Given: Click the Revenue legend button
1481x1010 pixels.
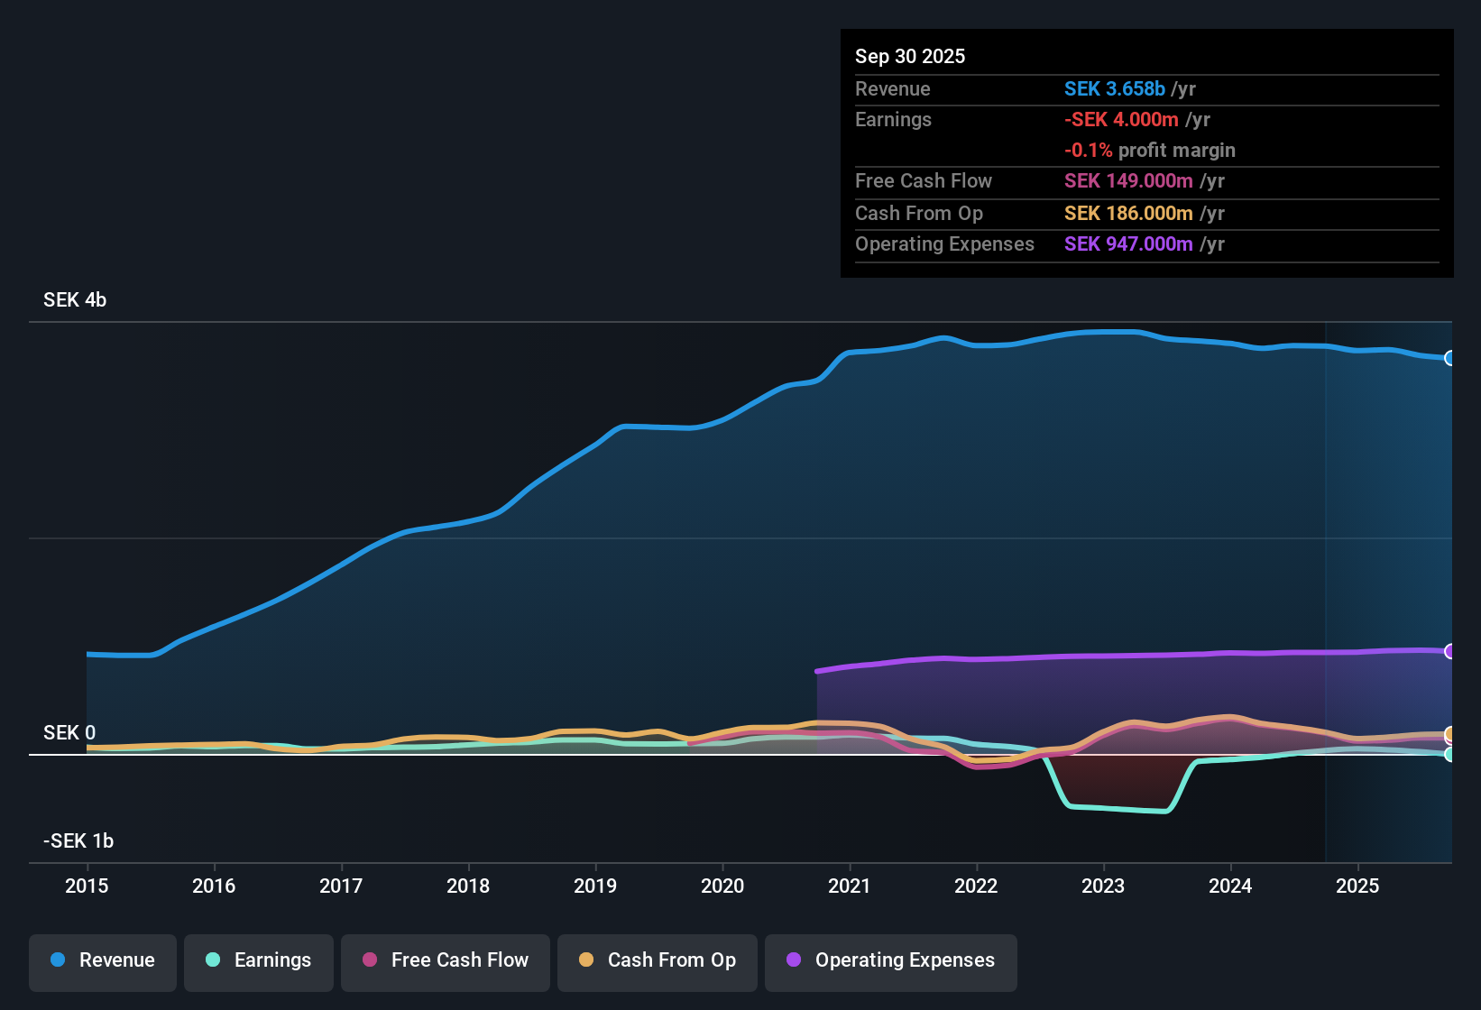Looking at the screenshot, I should pyautogui.click(x=103, y=960).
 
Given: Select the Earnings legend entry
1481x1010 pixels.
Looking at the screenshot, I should pyautogui.click(x=259, y=960).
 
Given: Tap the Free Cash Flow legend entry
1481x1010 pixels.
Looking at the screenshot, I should pyautogui.click(x=446, y=960).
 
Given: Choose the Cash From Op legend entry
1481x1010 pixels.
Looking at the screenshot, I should pyautogui.click(x=658, y=960).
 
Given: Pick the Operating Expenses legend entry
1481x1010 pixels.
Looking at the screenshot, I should pyautogui.click(x=891, y=960).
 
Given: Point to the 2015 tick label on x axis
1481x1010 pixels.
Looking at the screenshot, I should pyautogui.click(x=87, y=886).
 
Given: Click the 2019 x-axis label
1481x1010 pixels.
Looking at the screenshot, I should pyautogui.click(x=595, y=886).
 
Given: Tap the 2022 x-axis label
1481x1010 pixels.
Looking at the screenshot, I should pyautogui.click(x=976, y=886).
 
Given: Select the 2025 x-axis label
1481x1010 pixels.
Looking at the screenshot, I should pyautogui.click(x=1357, y=886).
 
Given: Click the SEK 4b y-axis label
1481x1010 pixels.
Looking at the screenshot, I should pyautogui.click(x=75, y=300).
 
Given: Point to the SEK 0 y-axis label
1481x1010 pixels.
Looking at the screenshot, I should pyautogui.click(x=69, y=732).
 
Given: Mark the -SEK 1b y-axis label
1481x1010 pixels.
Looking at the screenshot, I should pyautogui.click(x=78, y=841).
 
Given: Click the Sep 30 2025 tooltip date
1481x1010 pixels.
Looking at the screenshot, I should pyautogui.click(x=910, y=56).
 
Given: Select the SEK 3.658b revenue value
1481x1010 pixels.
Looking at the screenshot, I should pyautogui.click(x=1115, y=88).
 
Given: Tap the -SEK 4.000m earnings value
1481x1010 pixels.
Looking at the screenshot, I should pyautogui.click(x=1121, y=119).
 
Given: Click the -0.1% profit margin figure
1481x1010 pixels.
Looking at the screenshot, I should pyautogui.click(x=1089, y=150).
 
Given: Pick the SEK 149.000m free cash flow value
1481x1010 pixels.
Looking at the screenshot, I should pyautogui.click(x=1128, y=180).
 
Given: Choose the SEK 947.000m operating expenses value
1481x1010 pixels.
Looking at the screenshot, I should pyautogui.click(x=1128, y=243).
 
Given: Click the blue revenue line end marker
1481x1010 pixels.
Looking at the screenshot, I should pyautogui.click(x=1449, y=358).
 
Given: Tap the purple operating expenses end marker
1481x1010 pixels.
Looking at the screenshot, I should pyautogui.click(x=1449, y=651).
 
